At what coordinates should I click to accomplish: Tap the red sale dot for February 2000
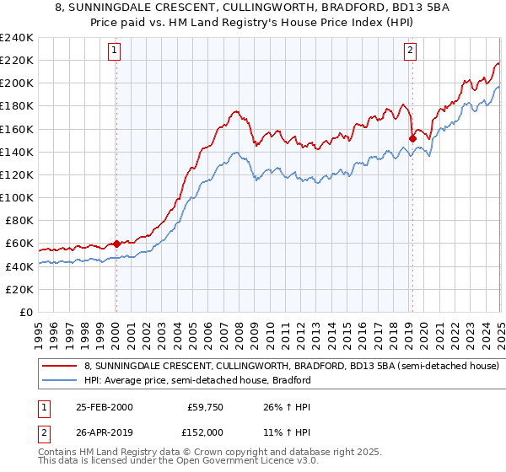(116, 243)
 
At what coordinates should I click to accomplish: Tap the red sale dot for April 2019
(412, 138)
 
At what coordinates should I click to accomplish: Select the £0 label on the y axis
(27, 312)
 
